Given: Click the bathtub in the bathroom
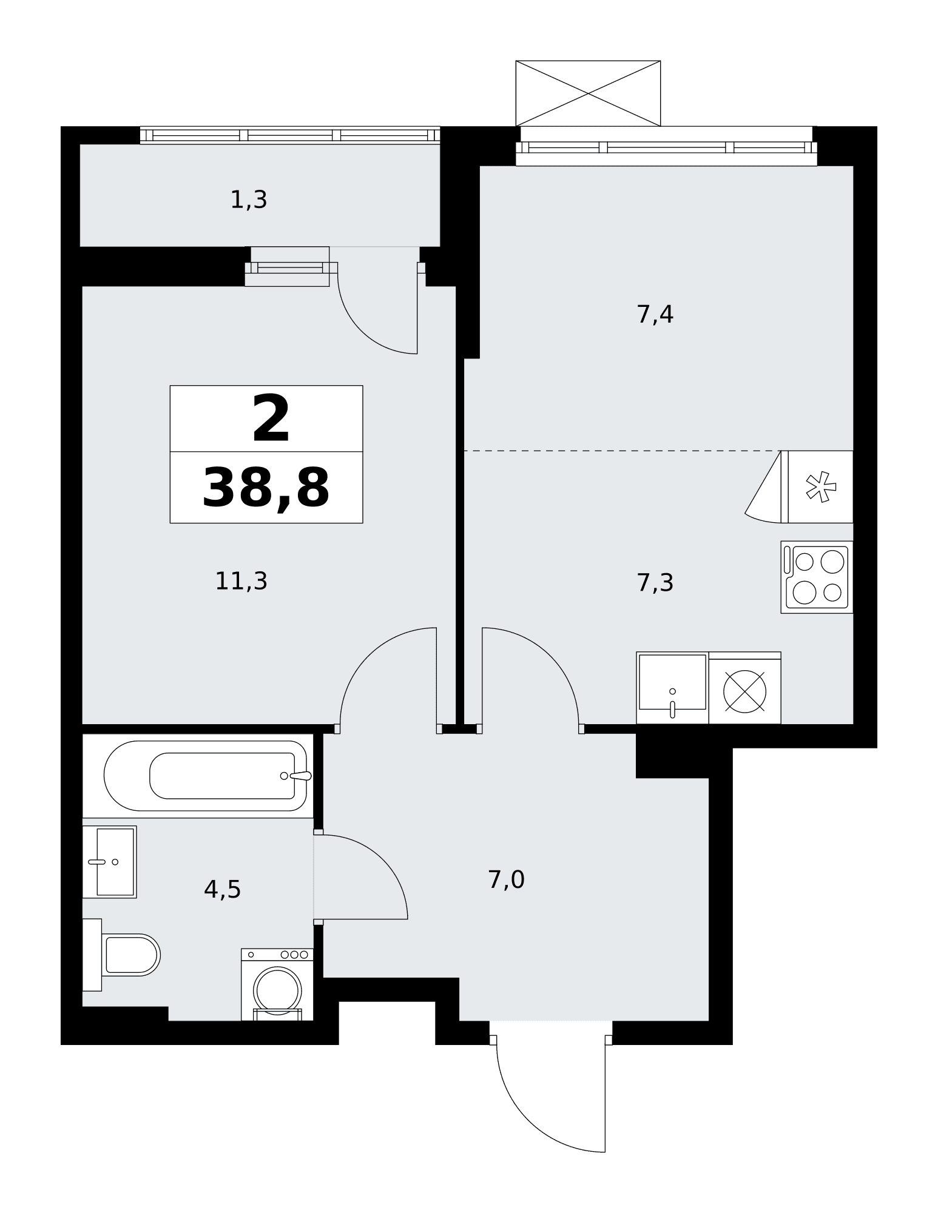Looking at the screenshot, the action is pos(205,776).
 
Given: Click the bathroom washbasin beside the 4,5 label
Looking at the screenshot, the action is pos(109,861).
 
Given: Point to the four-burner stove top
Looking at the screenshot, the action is pos(817,577).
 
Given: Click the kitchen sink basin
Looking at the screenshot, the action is pos(672,687).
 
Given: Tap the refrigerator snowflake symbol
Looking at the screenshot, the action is pos(820,486).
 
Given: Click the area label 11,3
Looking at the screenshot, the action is pos(241,581).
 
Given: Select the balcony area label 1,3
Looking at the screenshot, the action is pos(248,199).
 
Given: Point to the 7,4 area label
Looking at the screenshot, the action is pos(655,314).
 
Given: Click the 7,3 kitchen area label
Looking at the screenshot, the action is pos(655,582).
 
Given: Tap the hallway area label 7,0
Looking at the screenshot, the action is pos(506,879).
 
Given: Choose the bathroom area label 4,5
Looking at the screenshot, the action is pos(222,889).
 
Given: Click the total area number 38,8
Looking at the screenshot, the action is pos(266,488).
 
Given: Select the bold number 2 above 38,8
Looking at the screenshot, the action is pos(271,418).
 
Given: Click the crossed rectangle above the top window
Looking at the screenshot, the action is pos(588,93).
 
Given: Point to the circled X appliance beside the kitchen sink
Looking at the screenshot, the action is pos(744,691).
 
